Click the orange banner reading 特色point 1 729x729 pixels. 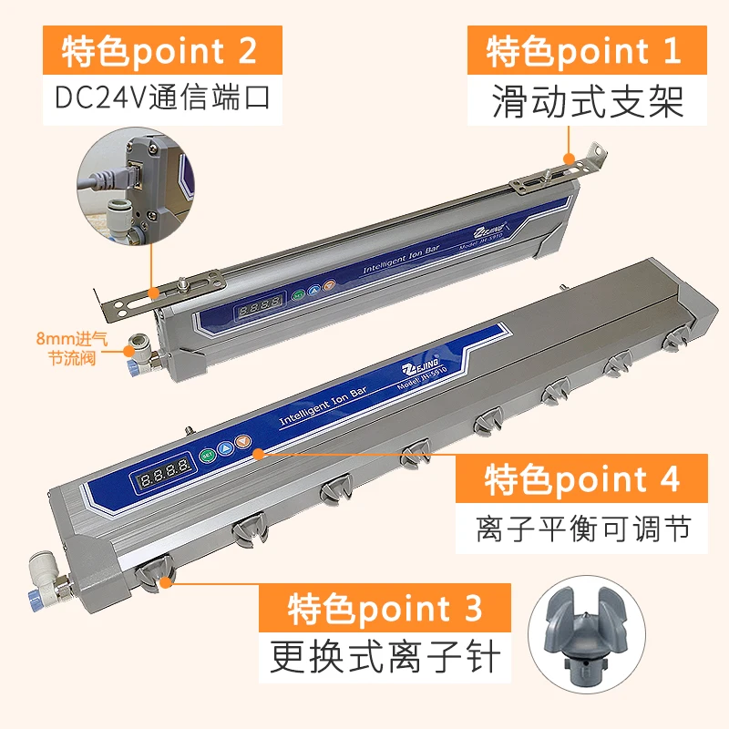tap(583, 51)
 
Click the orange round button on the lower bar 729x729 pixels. tap(241, 444)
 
